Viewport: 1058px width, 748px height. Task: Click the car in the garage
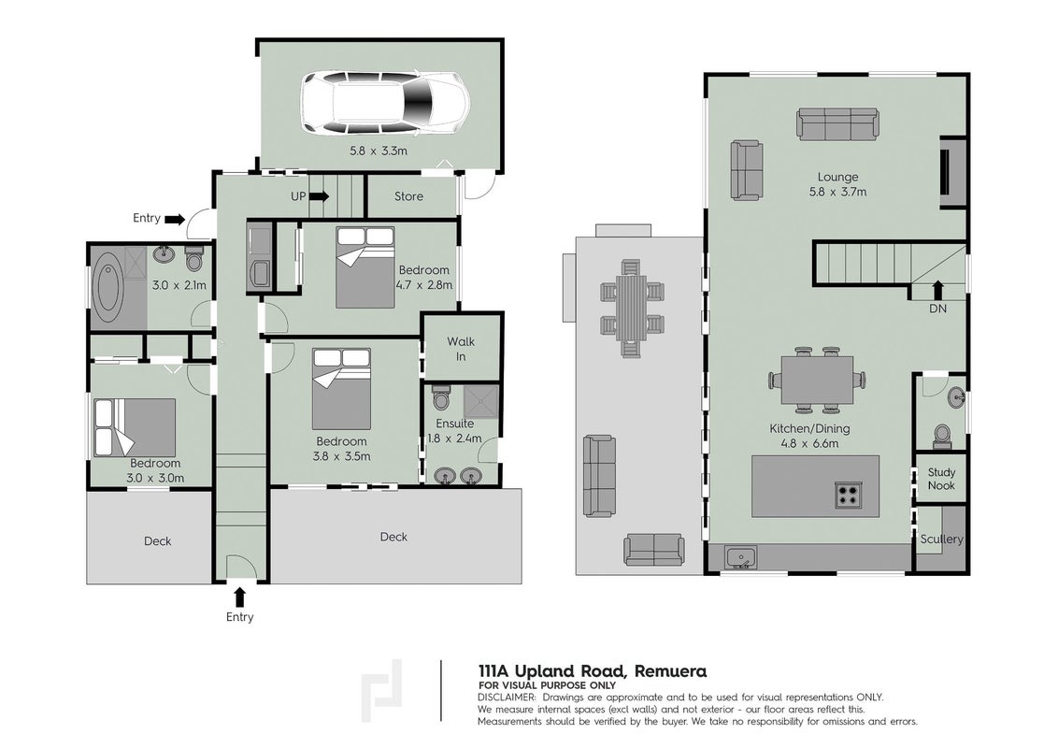pyautogui.click(x=385, y=102)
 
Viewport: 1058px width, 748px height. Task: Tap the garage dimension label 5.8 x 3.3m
pyautogui.click(x=379, y=151)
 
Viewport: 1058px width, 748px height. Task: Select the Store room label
pyautogui.click(x=408, y=196)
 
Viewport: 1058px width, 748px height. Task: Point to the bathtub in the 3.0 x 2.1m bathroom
pyautogui.click(x=107, y=287)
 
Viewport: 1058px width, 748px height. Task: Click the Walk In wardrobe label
pyautogui.click(x=461, y=349)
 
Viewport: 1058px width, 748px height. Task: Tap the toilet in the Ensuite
pyautogui.click(x=441, y=396)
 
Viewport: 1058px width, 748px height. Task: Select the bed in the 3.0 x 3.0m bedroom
pyautogui.click(x=135, y=427)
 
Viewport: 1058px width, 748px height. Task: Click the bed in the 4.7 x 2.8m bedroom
pyautogui.click(x=365, y=267)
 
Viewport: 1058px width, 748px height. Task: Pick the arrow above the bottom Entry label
pyautogui.click(x=239, y=597)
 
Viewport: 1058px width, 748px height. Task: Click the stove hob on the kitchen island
pyautogui.click(x=848, y=495)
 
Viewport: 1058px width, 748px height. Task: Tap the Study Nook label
pyautogui.click(x=941, y=479)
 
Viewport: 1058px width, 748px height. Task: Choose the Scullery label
pyautogui.click(x=941, y=539)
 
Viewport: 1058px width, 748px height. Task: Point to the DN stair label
pyautogui.click(x=937, y=309)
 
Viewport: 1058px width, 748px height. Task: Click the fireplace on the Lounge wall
pyautogui.click(x=953, y=172)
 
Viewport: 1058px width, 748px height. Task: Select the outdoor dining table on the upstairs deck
pyautogui.click(x=632, y=308)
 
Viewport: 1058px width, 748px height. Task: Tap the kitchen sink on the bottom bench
pyautogui.click(x=741, y=557)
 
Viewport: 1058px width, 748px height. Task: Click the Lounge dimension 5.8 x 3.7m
pyautogui.click(x=838, y=192)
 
